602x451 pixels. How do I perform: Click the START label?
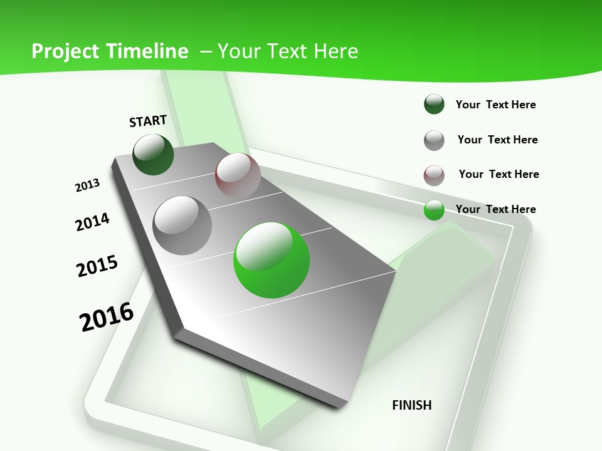(x=148, y=121)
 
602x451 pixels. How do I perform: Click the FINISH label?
(x=412, y=405)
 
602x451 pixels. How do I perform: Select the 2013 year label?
(x=88, y=185)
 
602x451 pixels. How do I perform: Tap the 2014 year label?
(x=93, y=222)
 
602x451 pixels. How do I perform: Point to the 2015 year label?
(x=97, y=266)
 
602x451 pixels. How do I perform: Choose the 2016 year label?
(x=107, y=317)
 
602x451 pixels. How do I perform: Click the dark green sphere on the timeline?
(x=153, y=154)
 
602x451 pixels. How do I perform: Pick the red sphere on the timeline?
(x=238, y=175)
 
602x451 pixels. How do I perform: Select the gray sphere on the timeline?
(x=182, y=225)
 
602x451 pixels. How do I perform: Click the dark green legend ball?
(x=434, y=104)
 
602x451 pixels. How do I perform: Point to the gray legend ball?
(x=434, y=140)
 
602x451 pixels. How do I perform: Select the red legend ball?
(x=434, y=175)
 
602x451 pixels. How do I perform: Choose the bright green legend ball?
(x=434, y=210)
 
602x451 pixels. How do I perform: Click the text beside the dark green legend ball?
(x=495, y=105)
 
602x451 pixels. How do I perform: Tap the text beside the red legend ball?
(x=499, y=174)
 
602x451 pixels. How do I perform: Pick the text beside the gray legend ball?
(x=497, y=140)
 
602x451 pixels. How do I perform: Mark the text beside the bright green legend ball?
(x=495, y=209)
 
